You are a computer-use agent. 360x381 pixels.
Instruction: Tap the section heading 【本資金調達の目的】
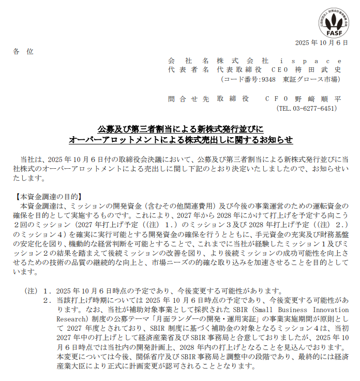50,197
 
